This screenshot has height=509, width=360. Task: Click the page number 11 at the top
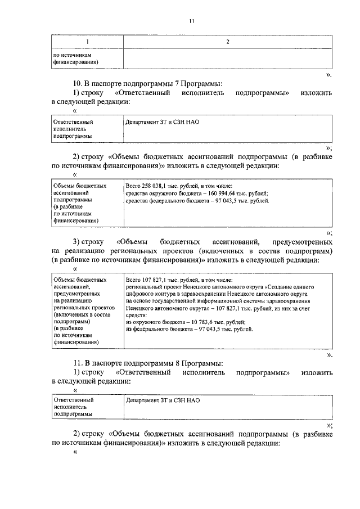click(x=191, y=21)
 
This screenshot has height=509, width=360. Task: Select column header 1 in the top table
click(x=87, y=42)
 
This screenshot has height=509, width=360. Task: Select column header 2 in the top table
click(x=227, y=42)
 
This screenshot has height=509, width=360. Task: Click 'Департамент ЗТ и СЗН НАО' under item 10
click(x=163, y=121)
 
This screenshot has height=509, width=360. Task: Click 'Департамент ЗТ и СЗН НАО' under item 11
click(x=163, y=400)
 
